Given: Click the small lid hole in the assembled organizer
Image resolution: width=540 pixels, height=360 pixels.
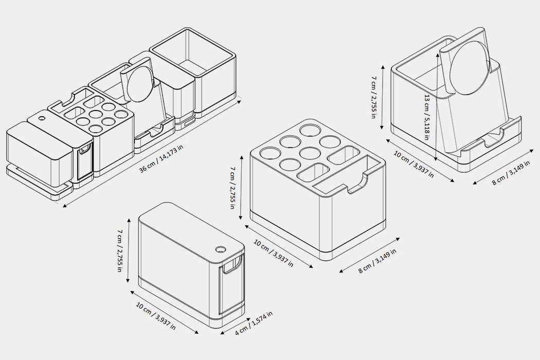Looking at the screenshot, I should (x=41, y=117).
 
